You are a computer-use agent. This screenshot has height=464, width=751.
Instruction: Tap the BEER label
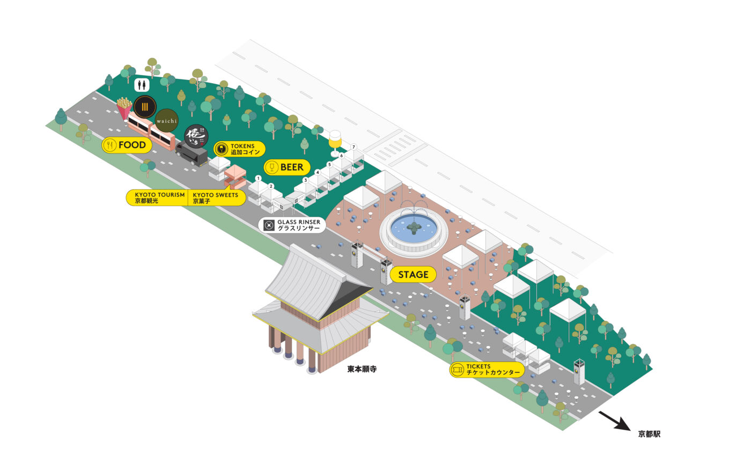click(x=286, y=167)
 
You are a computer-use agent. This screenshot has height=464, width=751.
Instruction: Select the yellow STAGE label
click(x=413, y=275)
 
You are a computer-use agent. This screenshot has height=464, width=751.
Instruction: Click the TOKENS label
click(x=239, y=149)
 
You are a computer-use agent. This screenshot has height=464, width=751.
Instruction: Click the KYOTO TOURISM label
click(x=158, y=197)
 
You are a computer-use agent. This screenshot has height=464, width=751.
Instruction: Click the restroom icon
click(x=142, y=85)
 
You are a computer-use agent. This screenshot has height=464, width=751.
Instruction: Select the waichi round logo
click(x=167, y=121)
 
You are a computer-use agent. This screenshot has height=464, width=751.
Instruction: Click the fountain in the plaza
click(x=413, y=231)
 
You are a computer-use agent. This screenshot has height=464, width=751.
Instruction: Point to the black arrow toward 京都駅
click(x=614, y=421)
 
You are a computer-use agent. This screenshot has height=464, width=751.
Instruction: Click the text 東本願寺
click(x=362, y=369)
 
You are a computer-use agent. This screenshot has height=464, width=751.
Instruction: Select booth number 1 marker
click(x=258, y=178)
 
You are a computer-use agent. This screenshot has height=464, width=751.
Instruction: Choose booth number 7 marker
click(x=354, y=147)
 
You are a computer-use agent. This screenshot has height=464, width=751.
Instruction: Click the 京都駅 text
click(x=649, y=434)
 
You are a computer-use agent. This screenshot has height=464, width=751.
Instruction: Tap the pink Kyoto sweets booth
click(x=235, y=176)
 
